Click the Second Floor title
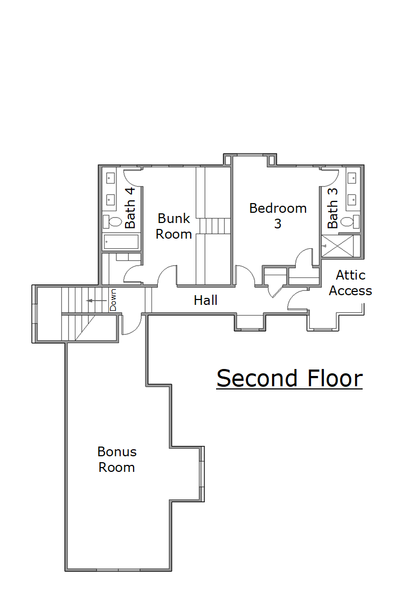tap(289, 378)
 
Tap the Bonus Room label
tap(117, 459)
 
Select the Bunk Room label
tap(174, 226)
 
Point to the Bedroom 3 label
tap(278, 215)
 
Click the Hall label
tap(206, 300)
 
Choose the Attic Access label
tap(350, 282)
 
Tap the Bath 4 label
tap(130, 208)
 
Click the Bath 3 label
tap(332, 208)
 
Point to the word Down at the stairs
tap(113, 300)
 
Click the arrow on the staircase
tap(96, 300)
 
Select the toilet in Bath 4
tap(112, 222)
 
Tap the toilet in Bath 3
tap(350, 222)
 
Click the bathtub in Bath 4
tap(121, 242)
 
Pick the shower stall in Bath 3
tap(337, 246)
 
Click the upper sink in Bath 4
tap(110, 178)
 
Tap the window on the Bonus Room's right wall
tap(202, 474)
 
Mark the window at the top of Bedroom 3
tap(250, 155)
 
